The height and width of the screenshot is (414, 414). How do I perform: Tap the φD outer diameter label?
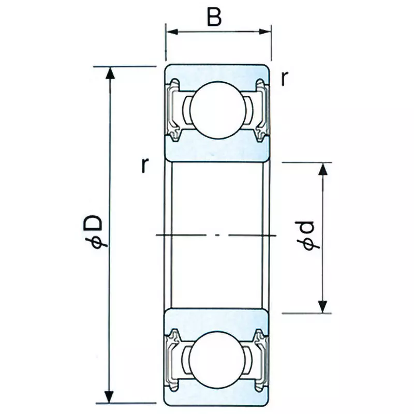click(x=95, y=233)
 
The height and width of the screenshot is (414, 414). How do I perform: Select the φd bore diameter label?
click(x=308, y=235)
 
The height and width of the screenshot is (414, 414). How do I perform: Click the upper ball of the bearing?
click(x=217, y=110)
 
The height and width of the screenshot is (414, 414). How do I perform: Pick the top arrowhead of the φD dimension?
click(x=109, y=72)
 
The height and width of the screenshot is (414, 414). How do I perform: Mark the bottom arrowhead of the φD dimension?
click(x=109, y=397)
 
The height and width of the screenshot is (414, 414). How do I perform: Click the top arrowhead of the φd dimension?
click(x=323, y=169)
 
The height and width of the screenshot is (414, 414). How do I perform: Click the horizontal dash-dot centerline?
click(x=217, y=235)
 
